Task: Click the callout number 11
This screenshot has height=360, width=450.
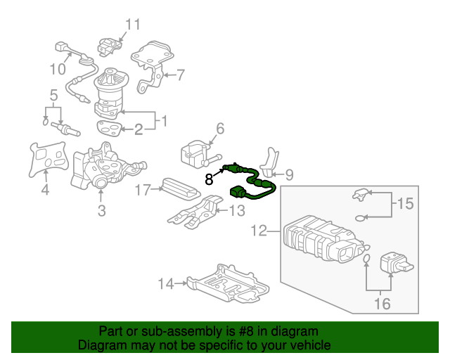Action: (x=132, y=25)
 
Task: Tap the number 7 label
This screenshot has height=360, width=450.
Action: (x=180, y=75)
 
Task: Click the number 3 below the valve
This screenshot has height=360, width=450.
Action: (x=101, y=210)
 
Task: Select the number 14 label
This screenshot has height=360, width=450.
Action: (x=165, y=284)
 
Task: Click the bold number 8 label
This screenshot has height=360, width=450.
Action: (x=209, y=179)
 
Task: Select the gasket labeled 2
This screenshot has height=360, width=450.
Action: (x=108, y=128)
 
